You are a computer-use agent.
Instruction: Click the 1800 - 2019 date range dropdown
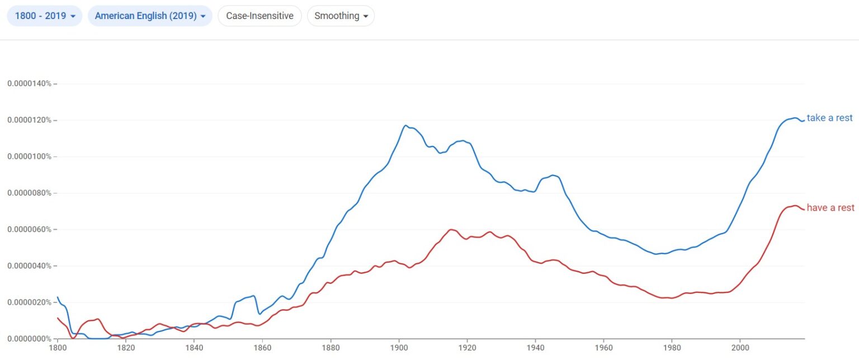pyautogui.click(x=44, y=16)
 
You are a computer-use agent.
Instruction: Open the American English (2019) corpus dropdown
pyautogui.click(x=150, y=16)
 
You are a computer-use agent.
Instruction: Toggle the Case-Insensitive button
pyautogui.click(x=259, y=16)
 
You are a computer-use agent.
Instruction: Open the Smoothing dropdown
pyautogui.click(x=341, y=16)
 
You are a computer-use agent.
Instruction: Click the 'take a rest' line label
pyautogui.click(x=829, y=118)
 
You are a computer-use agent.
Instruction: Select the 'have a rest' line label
pyautogui.click(x=830, y=208)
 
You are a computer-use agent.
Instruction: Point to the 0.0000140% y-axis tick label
pyautogui.click(x=29, y=84)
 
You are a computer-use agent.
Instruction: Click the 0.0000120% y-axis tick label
pyautogui.click(x=29, y=120)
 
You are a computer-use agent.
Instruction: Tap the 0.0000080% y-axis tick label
pyautogui.click(x=29, y=193)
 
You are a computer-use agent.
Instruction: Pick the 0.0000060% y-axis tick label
pyautogui.click(x=29, y=229)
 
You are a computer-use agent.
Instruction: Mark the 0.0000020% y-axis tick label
pyautogui.click(x=29, y=302)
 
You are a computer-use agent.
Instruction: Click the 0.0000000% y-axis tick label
pyautogui.click(x=29, y=339)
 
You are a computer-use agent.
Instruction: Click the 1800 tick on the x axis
pyautogui.click(x=57, y=347)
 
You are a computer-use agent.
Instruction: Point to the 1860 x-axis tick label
pyautogui.click(x=262, y=347)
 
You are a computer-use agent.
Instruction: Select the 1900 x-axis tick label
pyautogui.click(x=399, y=347)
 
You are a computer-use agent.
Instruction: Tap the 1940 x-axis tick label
pyautogui.click(x=535, y=347)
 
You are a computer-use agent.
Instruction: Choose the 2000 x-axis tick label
pyautogui.click(x=740, y=347)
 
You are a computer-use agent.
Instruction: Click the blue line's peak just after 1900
pyautogui.click(x=405, y=125)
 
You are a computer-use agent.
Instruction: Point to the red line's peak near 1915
pyautogui.click(x=451, y=229)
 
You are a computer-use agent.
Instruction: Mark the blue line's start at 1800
pyautogui.click(x=58, y=297)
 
